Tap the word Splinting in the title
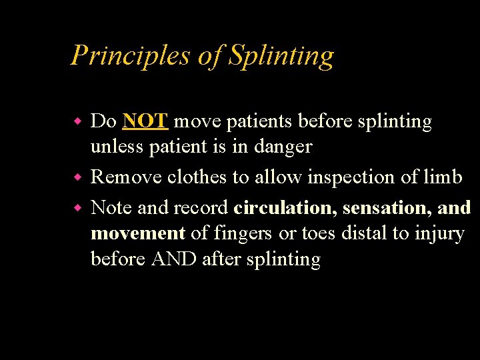(281, 55)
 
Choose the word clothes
(196, 177)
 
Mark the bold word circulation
(285, 208)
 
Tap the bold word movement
(137, 233)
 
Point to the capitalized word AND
(174, 259)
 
